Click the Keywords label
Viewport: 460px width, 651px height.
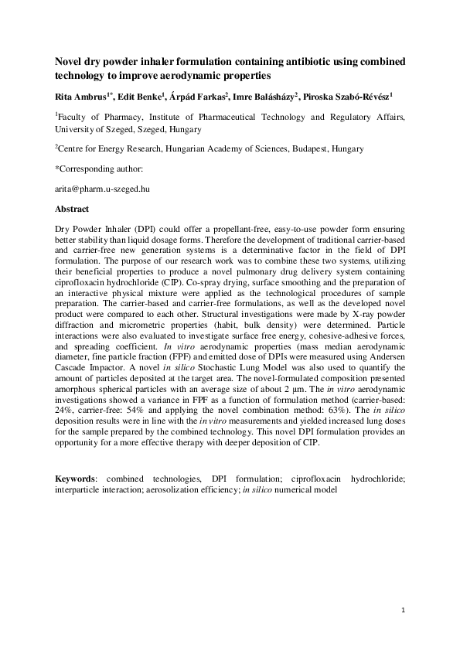point(75,479)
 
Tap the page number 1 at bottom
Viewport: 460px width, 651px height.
point(404,611)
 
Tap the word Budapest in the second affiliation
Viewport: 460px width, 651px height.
point(302,147)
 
